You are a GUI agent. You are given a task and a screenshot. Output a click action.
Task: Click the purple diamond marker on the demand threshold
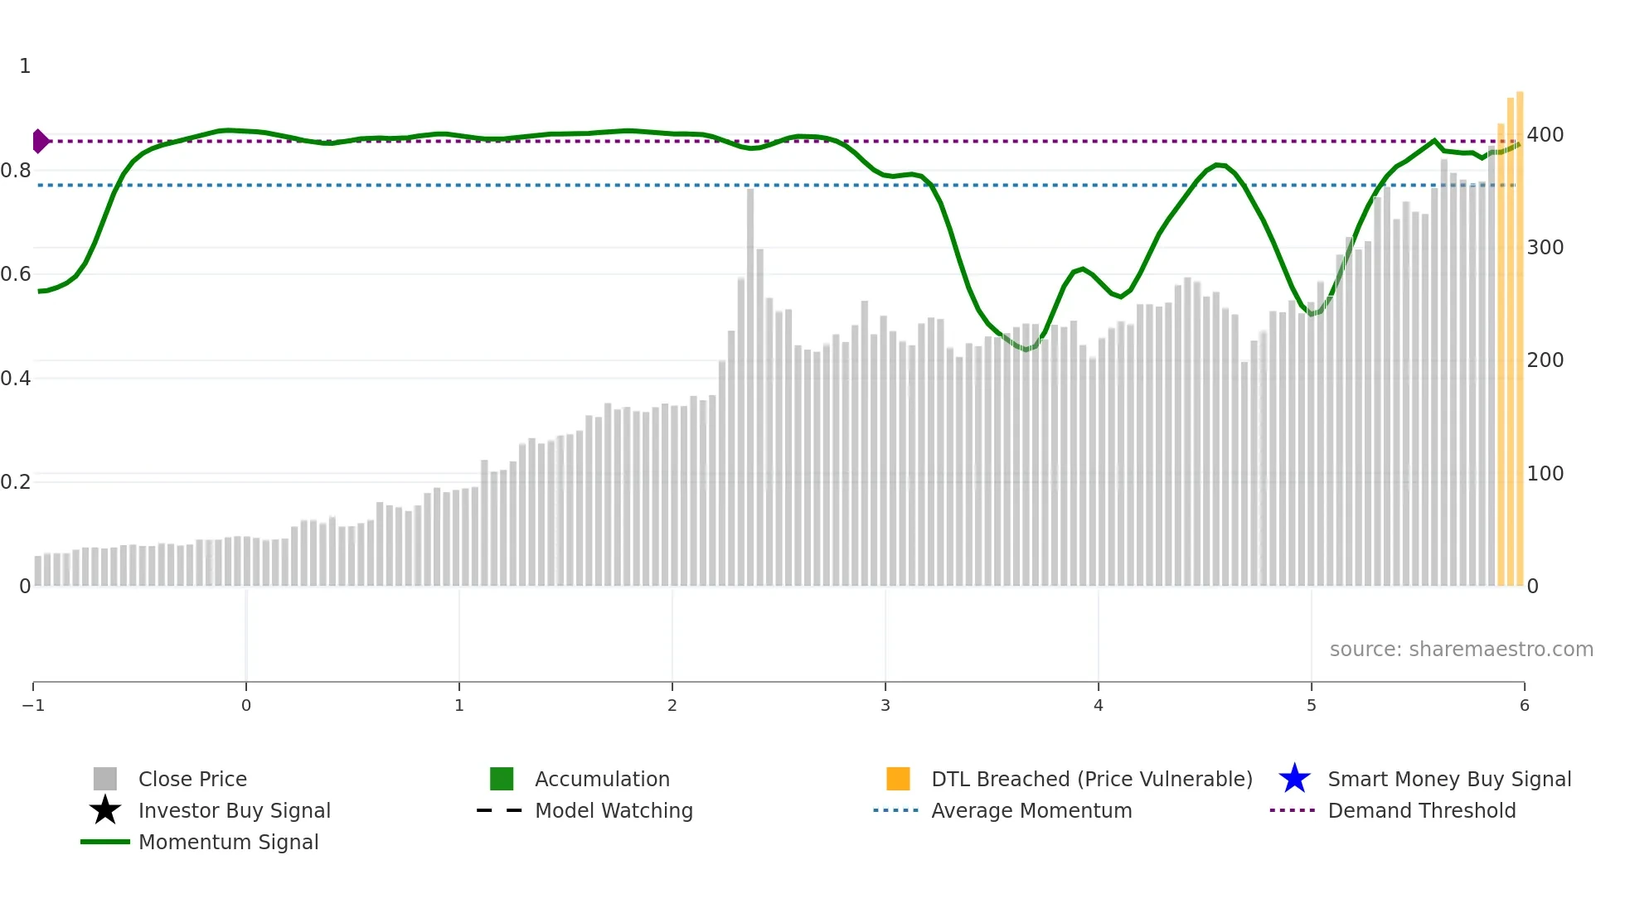tap(40, 142)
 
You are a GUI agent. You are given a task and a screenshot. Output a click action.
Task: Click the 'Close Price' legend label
tap(192, 779)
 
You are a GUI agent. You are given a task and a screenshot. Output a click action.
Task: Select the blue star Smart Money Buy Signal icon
tap(1294, 779)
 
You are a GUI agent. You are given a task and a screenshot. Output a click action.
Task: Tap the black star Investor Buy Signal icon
tap(105, 810)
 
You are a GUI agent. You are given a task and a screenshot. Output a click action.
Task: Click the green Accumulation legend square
tap(502, 779)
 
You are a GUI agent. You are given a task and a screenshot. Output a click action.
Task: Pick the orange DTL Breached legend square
tap(898, 779)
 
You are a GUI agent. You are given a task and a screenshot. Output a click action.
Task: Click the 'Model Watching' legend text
tap(614, 810)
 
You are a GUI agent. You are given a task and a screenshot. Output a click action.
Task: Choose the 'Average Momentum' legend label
tap(1031, 810)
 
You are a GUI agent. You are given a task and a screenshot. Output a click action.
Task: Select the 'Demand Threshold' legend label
tap(1421, 810)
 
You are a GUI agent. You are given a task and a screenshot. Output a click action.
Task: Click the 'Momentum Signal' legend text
tap(228, 842)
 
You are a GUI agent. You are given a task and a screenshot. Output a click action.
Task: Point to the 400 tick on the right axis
tap(1545, 135)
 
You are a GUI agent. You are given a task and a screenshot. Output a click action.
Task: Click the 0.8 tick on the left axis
tap(16, 171)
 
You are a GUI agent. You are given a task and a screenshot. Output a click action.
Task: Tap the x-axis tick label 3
tap(885, 705)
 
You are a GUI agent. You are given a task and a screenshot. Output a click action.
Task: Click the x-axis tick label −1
tap(33, 705)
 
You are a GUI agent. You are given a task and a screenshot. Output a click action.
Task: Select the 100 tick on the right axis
tap(1545, 474)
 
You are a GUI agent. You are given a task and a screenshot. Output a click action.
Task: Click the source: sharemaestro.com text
tap(1461, 649)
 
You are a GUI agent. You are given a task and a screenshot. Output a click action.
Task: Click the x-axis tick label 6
tap(1524, 705)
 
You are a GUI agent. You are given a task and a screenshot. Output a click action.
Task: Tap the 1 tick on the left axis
tap(25, 66)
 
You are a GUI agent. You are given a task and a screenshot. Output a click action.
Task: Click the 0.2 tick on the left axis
tap(16, 482)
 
